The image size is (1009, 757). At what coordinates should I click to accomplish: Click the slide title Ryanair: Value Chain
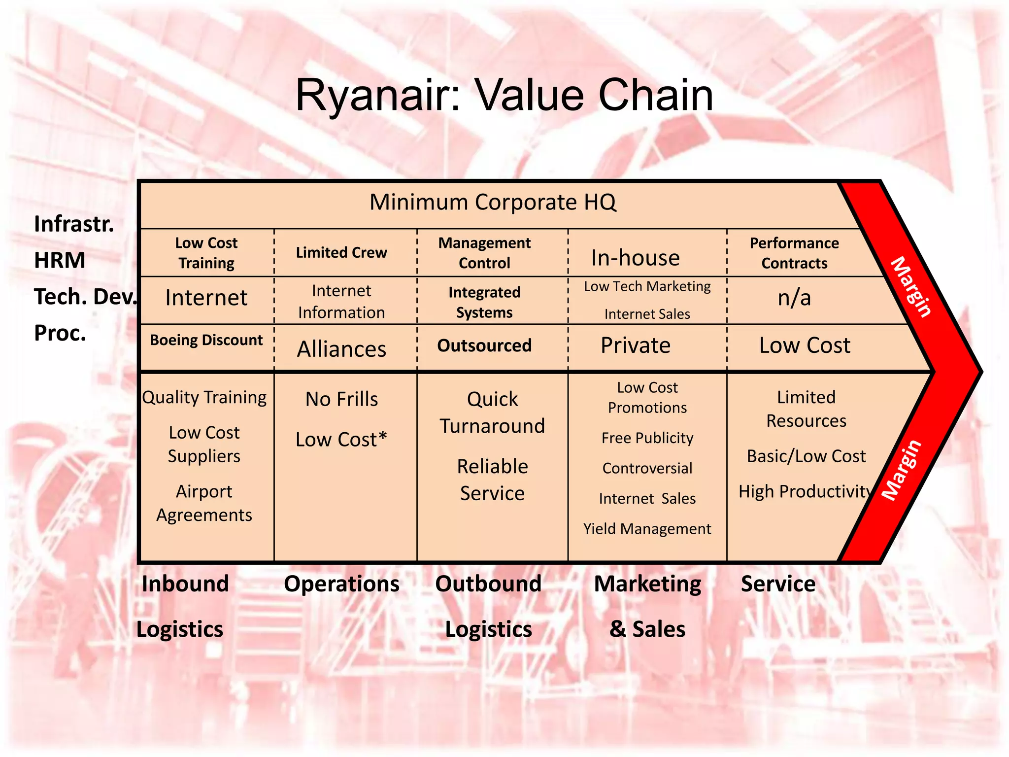(x=504, y=95)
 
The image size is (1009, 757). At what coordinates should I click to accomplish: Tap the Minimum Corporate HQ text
(x=493, y=202)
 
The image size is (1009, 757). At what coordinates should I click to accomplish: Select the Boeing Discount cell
(x=206, y=340)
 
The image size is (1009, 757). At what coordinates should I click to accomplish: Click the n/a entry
(x=794, y=298)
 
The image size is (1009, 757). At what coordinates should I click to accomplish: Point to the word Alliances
(x=341, y=349)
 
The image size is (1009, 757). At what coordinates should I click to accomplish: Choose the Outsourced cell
(x=484, y=345)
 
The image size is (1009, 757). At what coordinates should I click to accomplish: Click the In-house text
(x=635, y=258)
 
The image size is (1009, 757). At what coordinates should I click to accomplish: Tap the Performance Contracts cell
(x=794, y=253)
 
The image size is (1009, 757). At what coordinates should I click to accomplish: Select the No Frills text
(x=341, y=399)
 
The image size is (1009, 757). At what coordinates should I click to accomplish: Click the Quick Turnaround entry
(x=492, y=413)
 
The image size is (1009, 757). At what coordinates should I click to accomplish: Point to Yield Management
(x=647, y=529)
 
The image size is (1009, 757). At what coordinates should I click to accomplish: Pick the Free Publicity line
(x=647, y=438)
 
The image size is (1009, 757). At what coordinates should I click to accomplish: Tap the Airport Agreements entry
(x=204, y=503)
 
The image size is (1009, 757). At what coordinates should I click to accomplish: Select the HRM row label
(x=60, y=260)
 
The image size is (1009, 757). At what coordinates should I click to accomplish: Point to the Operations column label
(x=341, y=584)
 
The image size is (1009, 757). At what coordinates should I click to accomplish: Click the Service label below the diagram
(x=778, y=584)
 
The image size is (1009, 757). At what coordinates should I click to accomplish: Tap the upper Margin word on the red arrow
(x=911, y=287)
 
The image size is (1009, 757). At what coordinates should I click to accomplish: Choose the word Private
(x=635, y=345)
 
